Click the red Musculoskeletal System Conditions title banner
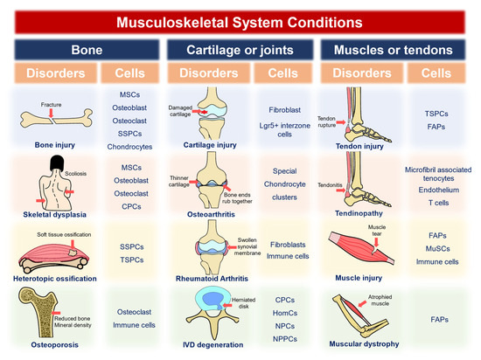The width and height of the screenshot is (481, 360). tap(240, 23)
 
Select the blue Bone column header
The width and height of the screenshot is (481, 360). tap(87, 50)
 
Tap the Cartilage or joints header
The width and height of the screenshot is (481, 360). tap(240, 50)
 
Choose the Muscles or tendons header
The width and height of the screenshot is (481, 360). tap(393, 50)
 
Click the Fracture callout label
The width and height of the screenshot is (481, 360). tap(52, 105)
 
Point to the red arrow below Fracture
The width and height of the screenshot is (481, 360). tap(52, 113)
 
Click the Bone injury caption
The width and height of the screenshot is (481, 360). tap(55, 145)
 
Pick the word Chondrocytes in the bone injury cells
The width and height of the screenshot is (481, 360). tap(129, 147)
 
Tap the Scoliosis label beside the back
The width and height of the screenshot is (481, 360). tap(75, 173)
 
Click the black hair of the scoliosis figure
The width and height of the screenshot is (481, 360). tap(57, 163)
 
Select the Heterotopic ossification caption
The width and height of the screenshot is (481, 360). tap(55, 279)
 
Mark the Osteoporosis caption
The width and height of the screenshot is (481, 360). tap(55, 344)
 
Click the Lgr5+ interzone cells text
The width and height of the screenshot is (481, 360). tap(285, 130)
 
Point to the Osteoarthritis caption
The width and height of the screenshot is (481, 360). tap(211, 214)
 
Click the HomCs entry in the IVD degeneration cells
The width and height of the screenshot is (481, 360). tap(285, 313)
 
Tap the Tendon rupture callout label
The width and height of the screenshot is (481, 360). tap(326, 121)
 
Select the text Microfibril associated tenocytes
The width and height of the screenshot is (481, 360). tap(438, 174)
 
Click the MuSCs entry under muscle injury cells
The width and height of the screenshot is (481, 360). tap(438, 249)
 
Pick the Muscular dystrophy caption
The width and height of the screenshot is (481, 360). tap(364, 344)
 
